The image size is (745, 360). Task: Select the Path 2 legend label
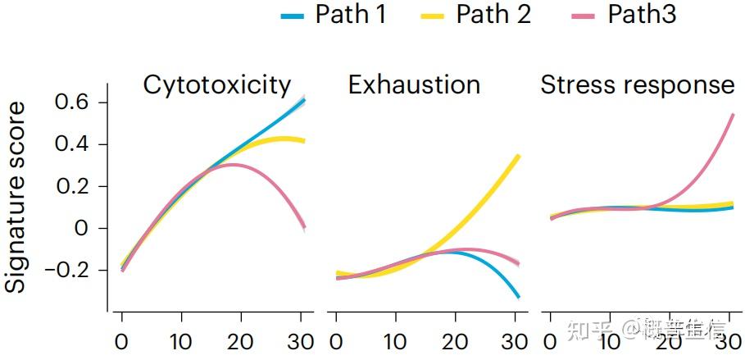[493, 14]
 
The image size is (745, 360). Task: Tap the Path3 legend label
[642, 14]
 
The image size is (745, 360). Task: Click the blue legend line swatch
[293, 15]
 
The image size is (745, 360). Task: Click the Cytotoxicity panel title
[217, 84]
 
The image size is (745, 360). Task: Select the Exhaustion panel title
[414, 84]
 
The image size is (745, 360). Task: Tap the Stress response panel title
[637, 84]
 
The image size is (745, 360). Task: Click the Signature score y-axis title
[16, 197]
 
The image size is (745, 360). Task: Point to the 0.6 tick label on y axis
[70, 103]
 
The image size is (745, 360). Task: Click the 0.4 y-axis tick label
[70, 144]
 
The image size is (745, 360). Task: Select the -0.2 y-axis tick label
[66, 270]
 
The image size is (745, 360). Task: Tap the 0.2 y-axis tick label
[70, 186]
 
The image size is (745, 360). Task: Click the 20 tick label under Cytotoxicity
[242, 339]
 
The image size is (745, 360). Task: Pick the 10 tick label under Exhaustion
[396, 339]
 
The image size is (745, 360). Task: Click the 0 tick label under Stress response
[550, 339]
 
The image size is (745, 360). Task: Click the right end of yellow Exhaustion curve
[518, 155]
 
